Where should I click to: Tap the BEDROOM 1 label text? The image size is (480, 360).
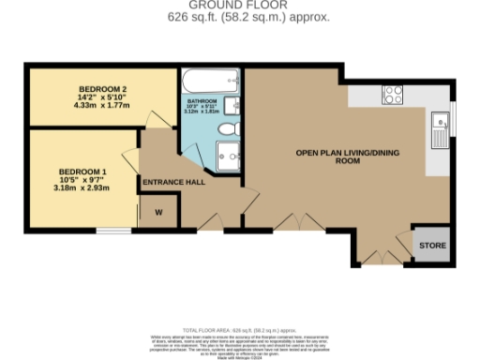tap(83, 172)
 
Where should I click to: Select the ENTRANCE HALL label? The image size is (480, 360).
tap(173, 182)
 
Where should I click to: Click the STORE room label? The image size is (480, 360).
tap(432, 246)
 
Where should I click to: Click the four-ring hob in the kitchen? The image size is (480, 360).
tap(392, 94)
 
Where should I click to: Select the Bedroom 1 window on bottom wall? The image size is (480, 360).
tap(113, 229)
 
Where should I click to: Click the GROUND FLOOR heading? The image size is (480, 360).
tap(239, 5)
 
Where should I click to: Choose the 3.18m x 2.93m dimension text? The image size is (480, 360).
tap(83, 187)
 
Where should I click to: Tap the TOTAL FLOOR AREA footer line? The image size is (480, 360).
tap(239, 332)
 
